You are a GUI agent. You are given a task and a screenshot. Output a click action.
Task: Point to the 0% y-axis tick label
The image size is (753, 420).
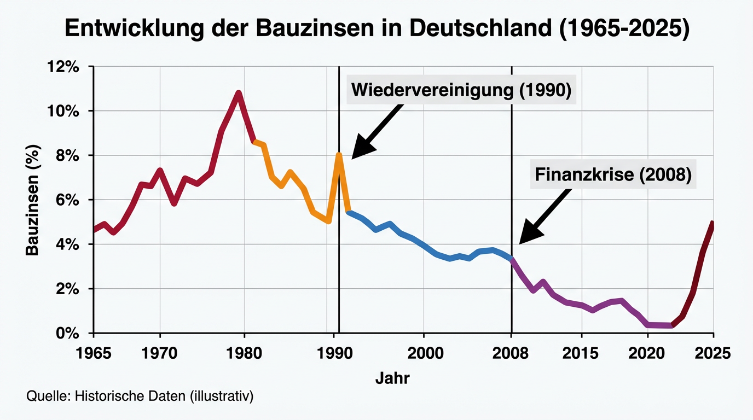tap(69, 333)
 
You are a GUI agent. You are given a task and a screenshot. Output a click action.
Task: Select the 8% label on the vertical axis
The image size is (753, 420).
tap(69, 156)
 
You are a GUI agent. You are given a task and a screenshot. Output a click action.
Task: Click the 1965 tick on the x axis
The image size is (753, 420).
tap(94, 353)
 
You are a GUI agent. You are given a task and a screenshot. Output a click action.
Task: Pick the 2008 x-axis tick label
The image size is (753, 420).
tap(512, 353)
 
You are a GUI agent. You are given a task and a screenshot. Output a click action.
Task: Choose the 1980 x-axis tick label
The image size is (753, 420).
tap(244, 353)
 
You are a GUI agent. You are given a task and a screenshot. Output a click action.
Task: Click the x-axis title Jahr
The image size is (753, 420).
tap(392, 378)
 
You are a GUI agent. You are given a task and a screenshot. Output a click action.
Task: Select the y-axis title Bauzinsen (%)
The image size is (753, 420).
tap(33, 199)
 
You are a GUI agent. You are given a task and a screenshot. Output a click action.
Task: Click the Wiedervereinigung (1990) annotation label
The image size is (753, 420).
tap(461, 90)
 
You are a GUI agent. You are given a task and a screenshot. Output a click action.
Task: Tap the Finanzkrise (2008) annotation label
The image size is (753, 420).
tap(613, 175)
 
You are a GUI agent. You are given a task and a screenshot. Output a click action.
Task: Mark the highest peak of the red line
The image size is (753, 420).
tap(238, 93)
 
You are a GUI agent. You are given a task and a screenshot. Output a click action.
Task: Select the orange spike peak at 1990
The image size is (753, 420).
tap(339, 155)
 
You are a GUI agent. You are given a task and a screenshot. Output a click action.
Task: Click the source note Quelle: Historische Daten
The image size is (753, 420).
tap(140, 396)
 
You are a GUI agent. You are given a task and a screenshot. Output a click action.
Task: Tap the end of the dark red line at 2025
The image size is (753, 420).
tap(713, 223)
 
